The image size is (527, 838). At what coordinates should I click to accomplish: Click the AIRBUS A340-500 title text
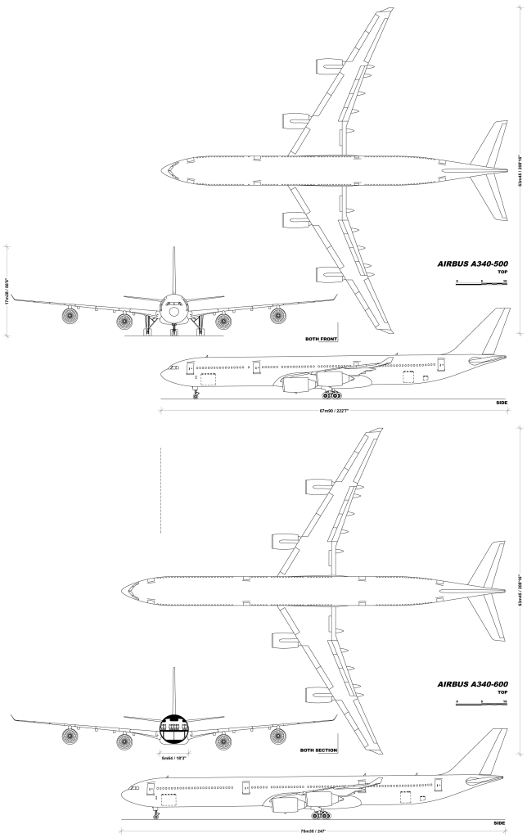473,264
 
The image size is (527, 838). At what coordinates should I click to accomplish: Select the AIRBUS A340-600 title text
473,683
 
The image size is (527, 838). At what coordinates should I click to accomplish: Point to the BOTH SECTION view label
318,750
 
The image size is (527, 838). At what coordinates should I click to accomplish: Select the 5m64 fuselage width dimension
172,759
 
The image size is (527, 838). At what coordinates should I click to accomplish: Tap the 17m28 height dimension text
7,289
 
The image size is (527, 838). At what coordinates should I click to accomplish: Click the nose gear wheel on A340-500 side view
196,396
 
